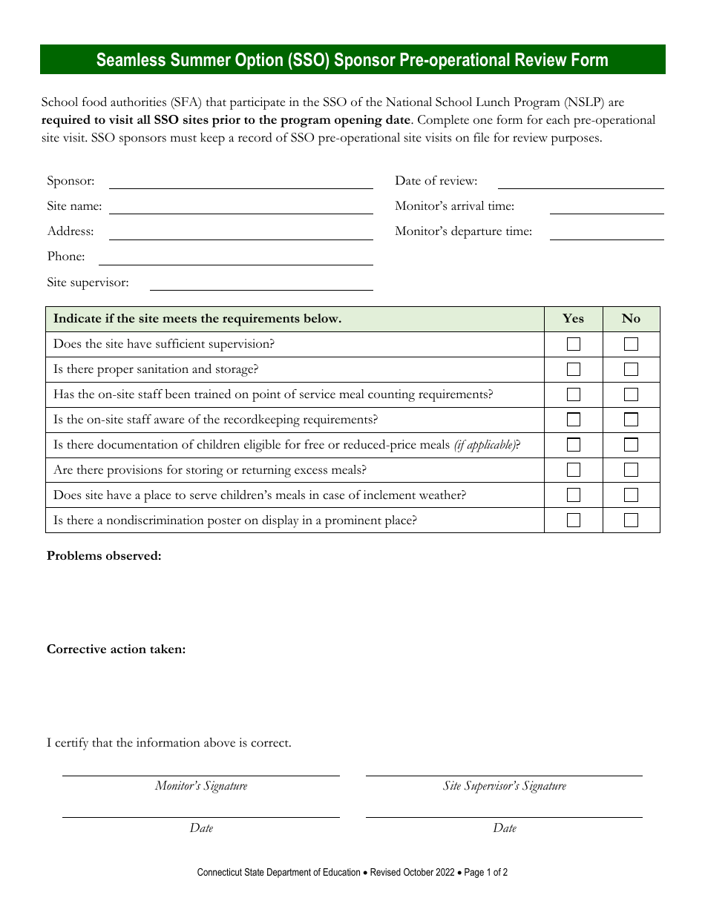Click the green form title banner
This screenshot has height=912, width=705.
352,60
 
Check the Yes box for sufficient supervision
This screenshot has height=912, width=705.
574,344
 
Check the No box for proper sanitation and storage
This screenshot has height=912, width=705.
631,369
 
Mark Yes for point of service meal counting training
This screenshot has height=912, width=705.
574,394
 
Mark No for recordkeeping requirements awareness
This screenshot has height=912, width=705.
631,420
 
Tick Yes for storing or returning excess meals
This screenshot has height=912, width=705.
574,470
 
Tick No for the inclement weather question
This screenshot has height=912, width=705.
631,495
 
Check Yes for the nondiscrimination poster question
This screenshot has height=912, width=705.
574,521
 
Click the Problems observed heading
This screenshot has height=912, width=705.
104,556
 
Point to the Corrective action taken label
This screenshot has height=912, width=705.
117,650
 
